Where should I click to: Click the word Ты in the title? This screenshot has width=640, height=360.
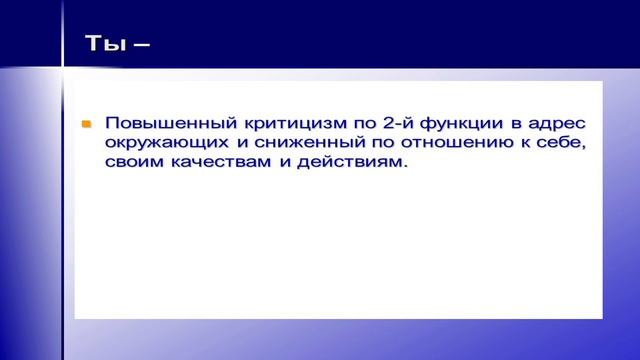(x=98, y=43)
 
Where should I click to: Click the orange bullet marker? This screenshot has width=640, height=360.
(x=87, y=124)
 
